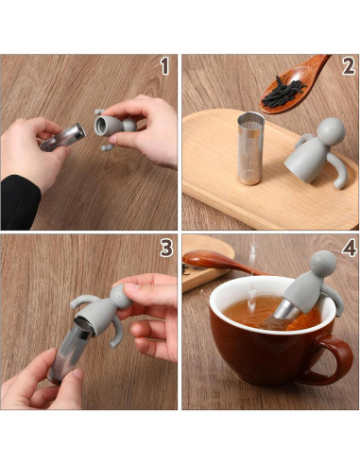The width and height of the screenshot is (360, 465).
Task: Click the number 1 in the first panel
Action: coord(164,66)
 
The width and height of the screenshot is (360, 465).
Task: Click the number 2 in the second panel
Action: coord(348,66)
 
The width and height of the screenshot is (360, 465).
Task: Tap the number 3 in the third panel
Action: coord(166,249)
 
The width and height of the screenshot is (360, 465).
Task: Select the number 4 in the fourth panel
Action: coord(348,249)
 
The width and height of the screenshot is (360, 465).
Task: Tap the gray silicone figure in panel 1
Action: coord(113,128)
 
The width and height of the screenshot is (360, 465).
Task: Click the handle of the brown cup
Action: coord(344,358)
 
